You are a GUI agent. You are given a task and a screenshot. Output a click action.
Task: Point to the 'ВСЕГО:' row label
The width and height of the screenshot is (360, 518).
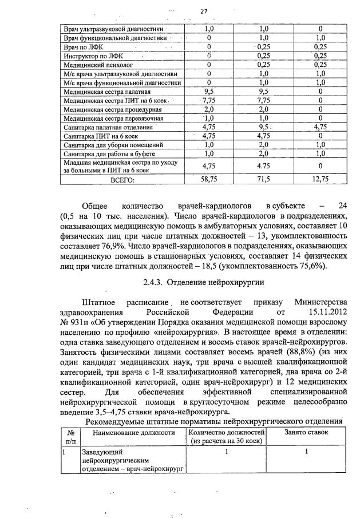point(122,180)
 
